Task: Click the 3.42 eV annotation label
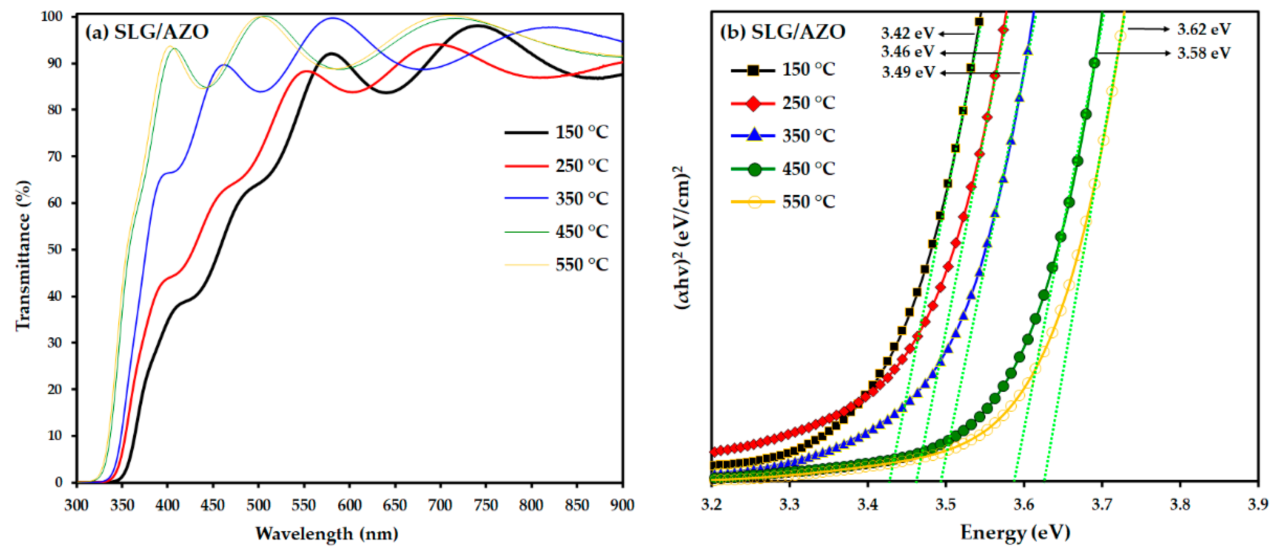[x=907, y=33]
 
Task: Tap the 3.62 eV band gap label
[x=1204, y=29]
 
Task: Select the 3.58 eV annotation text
[x=1204, y=53]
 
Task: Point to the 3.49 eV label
[x=908, y=73]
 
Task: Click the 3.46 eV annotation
[x=907, y=52]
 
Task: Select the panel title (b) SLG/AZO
[x=782, y=32]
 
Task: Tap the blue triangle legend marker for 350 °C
[x=754, y=135]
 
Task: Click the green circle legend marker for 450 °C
[x=754, y=169]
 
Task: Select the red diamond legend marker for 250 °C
[x=754, y=103]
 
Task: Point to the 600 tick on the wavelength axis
[x=349, y=505]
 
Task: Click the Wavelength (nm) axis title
[x=327, y=534]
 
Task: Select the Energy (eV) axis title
[x=1015, y=533]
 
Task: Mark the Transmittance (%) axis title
[x=23, y=255]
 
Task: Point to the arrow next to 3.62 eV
[x=1148, y=29]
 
